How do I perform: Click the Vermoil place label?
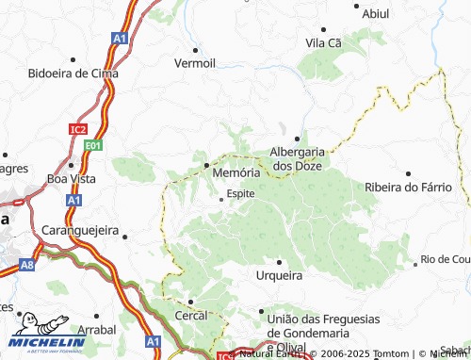coord(195,63)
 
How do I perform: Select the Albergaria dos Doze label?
coord(297,157)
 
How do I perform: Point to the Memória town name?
coord(235,173)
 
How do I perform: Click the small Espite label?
coord(240,193)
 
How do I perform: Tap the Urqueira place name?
coord(279,276)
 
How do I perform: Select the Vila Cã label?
coord(322,42)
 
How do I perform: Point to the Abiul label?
coord(375,14)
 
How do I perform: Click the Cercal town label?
coord(190,317)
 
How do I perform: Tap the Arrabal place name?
coord(97,331)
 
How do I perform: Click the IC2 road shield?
coord(78,128)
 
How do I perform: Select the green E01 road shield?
coord(92,145)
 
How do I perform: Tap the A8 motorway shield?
coord(28,266)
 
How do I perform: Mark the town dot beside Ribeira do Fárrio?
coord(408,173)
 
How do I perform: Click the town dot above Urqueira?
coord(279,261)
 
